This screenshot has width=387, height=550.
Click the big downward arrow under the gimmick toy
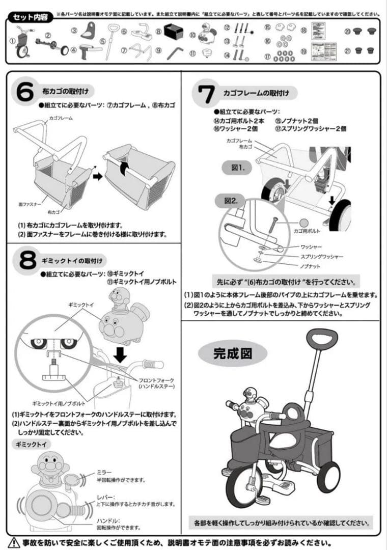[120, 353]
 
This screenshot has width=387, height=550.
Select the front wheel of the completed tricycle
[244, 484]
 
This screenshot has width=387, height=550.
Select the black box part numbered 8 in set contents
[173, 33]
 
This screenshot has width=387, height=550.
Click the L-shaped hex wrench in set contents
[176, 52]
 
